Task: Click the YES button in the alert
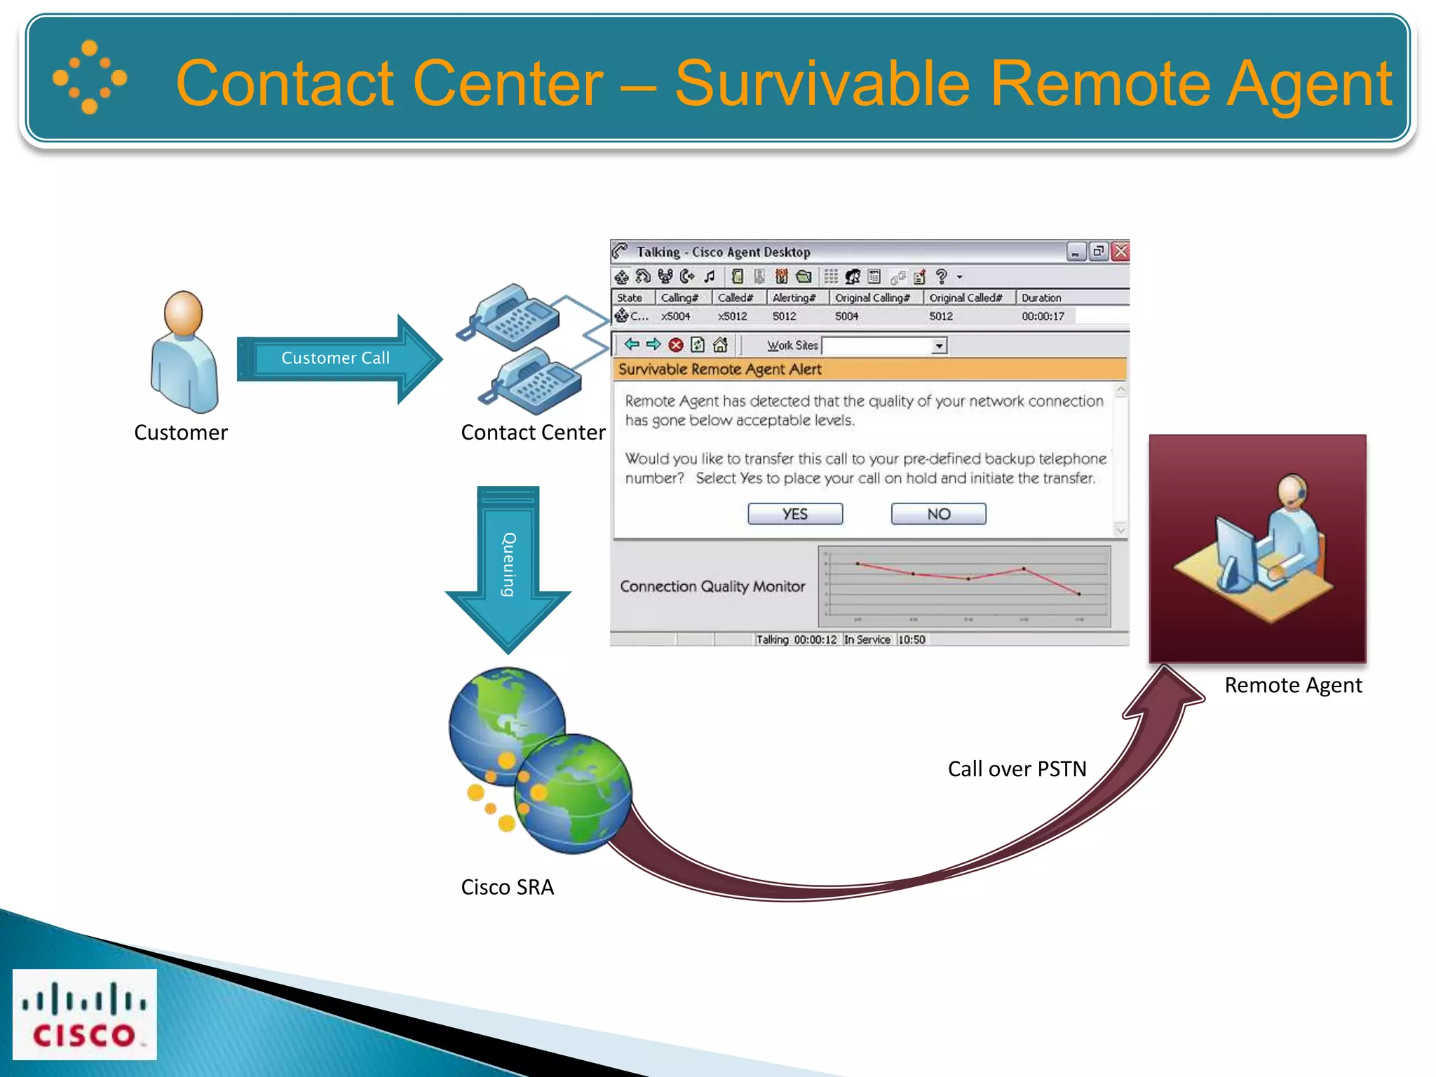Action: tap(794, 514)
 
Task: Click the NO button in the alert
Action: tap(938, 514)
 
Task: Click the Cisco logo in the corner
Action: tap(85, 1014)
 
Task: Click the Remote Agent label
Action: tap(1293, 685)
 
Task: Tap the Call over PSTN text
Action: tap(1017, 769)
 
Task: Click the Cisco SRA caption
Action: tap(507, 887)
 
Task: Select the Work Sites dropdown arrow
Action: tap(938, 346)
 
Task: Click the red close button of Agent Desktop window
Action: tap(1120, 251)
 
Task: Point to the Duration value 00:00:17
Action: tap(1043, 316)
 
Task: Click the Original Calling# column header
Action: tap(872, 297)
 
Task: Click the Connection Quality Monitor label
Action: tap(712, 586)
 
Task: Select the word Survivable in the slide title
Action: tap(822, 83)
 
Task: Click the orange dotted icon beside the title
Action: tap(90, 77)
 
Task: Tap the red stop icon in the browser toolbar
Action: tap(676, 345)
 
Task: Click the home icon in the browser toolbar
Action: tap(720, 345)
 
